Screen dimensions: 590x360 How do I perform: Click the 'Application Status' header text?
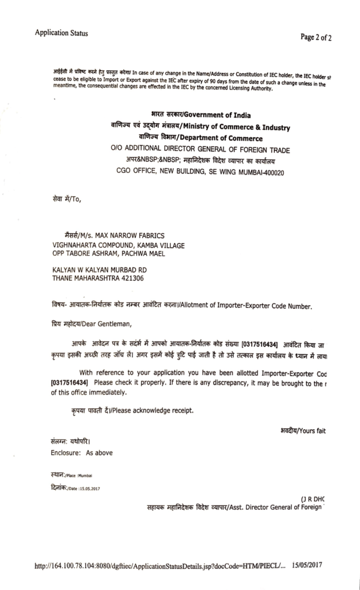(x=61, y=33)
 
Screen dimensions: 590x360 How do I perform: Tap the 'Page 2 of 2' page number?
(x=316, y=37)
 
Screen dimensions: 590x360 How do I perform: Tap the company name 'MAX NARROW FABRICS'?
(x=131, y=235)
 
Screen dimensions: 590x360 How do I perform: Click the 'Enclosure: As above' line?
(x=81, y=452)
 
